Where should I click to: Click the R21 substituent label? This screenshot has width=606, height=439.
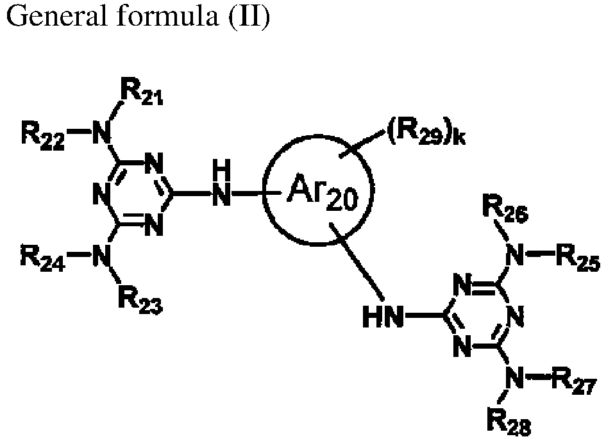(142, 91)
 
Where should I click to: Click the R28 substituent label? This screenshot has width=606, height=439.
(509, 423)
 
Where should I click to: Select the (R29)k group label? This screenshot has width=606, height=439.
(426, 133)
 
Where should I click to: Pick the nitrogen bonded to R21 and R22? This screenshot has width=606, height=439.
(101, 133)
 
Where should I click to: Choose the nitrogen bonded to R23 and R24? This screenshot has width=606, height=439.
(101, 255)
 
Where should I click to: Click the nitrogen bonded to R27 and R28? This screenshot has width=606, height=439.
(514, 377)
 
